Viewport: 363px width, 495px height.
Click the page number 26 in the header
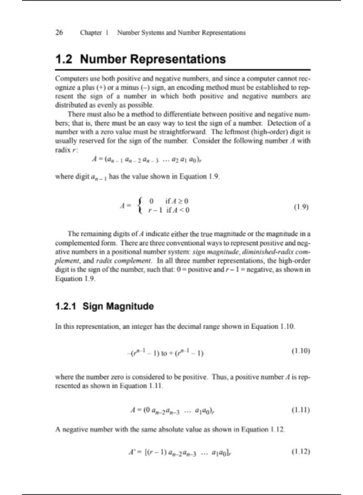click(59, 32)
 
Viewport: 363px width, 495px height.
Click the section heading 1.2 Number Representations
click(140, 59)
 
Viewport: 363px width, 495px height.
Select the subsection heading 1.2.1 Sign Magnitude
click(105, 306)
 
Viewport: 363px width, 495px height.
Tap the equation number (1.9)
click(300, 208)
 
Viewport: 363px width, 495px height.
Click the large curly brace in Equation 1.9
click(144, 207)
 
